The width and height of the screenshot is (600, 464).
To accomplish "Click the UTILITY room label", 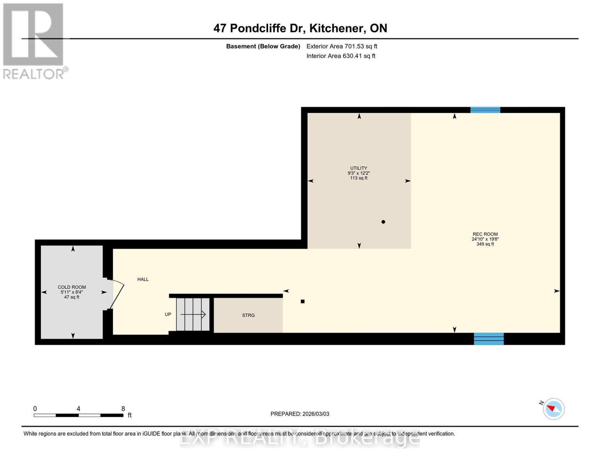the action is point(359,168).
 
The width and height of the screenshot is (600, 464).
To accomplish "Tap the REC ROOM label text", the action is point(485,234).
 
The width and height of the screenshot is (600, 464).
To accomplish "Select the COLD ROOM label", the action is point(72,287).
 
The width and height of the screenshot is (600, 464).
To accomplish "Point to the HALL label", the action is point(143,280).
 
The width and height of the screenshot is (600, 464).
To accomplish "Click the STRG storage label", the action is point(248,315).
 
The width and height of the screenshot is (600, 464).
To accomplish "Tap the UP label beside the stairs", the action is point(168,314).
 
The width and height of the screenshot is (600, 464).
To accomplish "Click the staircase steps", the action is point(193,314).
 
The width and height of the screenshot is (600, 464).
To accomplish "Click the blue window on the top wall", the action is point(485,110).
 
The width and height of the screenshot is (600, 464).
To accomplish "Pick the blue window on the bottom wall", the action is point(489,339).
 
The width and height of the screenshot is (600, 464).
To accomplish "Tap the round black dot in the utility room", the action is point(383,222).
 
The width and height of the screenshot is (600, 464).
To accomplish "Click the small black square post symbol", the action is point(303,302).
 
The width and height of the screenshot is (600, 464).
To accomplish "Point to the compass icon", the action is point(553,409).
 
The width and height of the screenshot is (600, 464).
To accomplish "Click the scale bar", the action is point(79,415).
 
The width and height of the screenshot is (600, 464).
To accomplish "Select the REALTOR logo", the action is point(34,41).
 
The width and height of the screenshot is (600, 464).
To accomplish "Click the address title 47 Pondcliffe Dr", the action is point(259,28).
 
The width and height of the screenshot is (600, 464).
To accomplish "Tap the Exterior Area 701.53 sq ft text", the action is point(342,46).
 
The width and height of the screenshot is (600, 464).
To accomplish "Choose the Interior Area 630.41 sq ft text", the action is point(341,56).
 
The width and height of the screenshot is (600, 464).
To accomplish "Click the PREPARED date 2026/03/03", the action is point(316,414).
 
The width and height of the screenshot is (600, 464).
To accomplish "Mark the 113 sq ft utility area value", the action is point(359,178).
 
